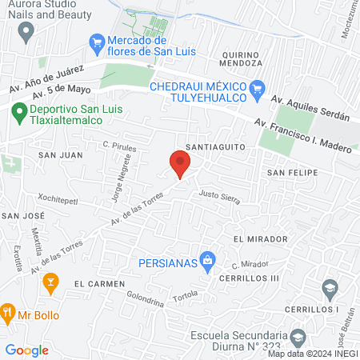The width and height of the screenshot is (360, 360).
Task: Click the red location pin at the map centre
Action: point(181,165)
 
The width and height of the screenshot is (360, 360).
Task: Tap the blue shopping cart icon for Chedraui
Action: point(257,86)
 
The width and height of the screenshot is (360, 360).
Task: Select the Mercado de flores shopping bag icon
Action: point(98,41)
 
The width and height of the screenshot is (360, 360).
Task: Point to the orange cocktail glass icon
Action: point(50,281)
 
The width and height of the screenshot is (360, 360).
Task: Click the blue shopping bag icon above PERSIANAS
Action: point(207,258)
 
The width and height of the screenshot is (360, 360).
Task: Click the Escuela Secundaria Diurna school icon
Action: point(298,336)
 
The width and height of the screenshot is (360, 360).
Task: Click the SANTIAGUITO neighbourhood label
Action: point(211,147)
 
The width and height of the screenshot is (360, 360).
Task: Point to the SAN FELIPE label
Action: point(292,172)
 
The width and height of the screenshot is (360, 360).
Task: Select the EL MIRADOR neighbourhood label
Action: point(260,239)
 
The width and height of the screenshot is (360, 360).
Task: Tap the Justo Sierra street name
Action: point(219,196)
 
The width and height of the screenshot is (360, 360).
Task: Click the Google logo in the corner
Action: point(26,350)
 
